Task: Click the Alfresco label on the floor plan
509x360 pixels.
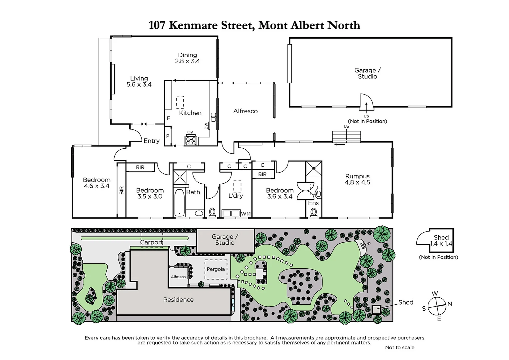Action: click(246, 111)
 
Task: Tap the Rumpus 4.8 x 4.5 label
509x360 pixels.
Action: click(357, 179)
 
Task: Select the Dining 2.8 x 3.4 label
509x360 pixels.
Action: click(188, 58)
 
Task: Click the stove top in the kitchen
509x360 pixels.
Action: click(191, 140)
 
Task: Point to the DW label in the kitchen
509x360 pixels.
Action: click(206, 126)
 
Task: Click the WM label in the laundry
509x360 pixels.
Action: click(246, 214)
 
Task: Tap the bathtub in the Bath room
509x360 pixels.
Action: click(179, 203)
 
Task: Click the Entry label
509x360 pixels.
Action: click(152, 141)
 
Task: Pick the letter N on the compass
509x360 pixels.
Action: click(450, 304)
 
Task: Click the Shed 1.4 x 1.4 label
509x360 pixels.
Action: click(441, 240)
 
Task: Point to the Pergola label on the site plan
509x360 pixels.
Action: click(216, 269)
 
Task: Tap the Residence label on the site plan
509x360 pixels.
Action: click(178, 300)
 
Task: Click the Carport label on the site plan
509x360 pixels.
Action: click(152, 242)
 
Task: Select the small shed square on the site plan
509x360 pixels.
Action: click(376, 310)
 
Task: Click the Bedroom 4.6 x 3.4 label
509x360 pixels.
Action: click(97, 183)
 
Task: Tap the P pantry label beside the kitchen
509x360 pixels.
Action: click(168, 136)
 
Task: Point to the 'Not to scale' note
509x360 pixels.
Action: click(400, 347)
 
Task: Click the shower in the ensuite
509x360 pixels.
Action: click(314, 168)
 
